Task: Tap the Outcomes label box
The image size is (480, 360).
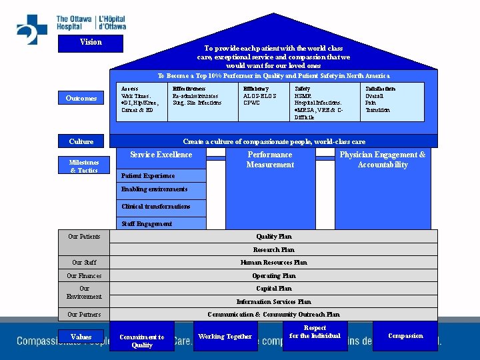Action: (x=81, y=99)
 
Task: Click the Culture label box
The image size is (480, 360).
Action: (x=81, y=141)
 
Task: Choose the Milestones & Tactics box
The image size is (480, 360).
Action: (x=84, y=166)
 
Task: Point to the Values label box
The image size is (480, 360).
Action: (x=81, y=337)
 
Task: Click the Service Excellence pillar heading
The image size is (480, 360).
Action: (x=161, y=155)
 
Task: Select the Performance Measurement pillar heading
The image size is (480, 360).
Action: (x=270, y=159)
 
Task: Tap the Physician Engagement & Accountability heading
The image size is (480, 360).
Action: (x=382, y=159)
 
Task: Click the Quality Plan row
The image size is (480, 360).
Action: (x=273, y=237)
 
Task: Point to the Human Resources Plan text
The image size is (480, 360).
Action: (x=273, y=263)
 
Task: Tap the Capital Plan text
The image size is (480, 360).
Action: (x=273, y=289)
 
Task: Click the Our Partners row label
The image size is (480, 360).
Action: (x=84, y=314)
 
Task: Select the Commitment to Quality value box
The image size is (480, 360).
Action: (x=142, y=341)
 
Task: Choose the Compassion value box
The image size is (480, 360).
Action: (x=405, y=336)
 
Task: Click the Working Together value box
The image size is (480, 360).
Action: (x=225, y=337)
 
